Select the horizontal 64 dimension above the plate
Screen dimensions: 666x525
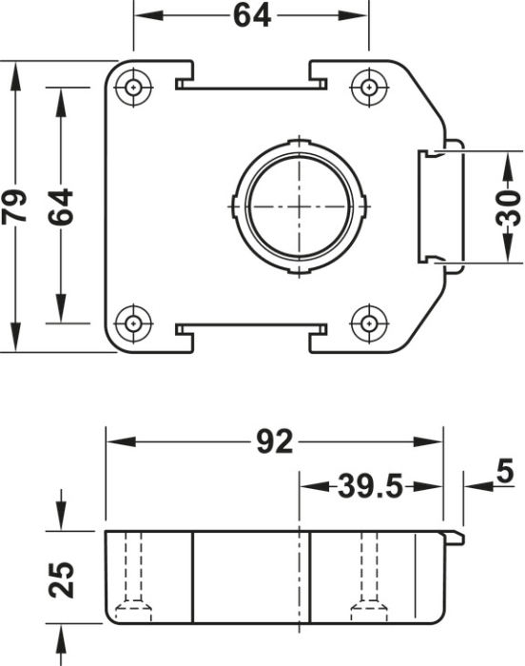pos(251,16)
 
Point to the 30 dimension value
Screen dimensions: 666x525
pos(509,206)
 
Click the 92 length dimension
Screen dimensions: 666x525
pos(275,442)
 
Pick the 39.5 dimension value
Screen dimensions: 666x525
pos(371,487)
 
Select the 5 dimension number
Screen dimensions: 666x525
pos(504,471)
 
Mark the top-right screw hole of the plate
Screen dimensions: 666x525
pos(368,88)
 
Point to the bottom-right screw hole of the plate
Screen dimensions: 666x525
pos(368,323)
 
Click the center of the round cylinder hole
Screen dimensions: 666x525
pos(299,206)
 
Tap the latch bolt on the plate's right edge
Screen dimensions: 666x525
pos(438,205)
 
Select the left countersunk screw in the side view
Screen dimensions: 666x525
pos(133,605)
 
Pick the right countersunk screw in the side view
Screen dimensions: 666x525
pos(368,605)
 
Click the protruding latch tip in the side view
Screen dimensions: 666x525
pos(457,540)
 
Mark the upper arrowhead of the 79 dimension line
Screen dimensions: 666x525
pos(16,77)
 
